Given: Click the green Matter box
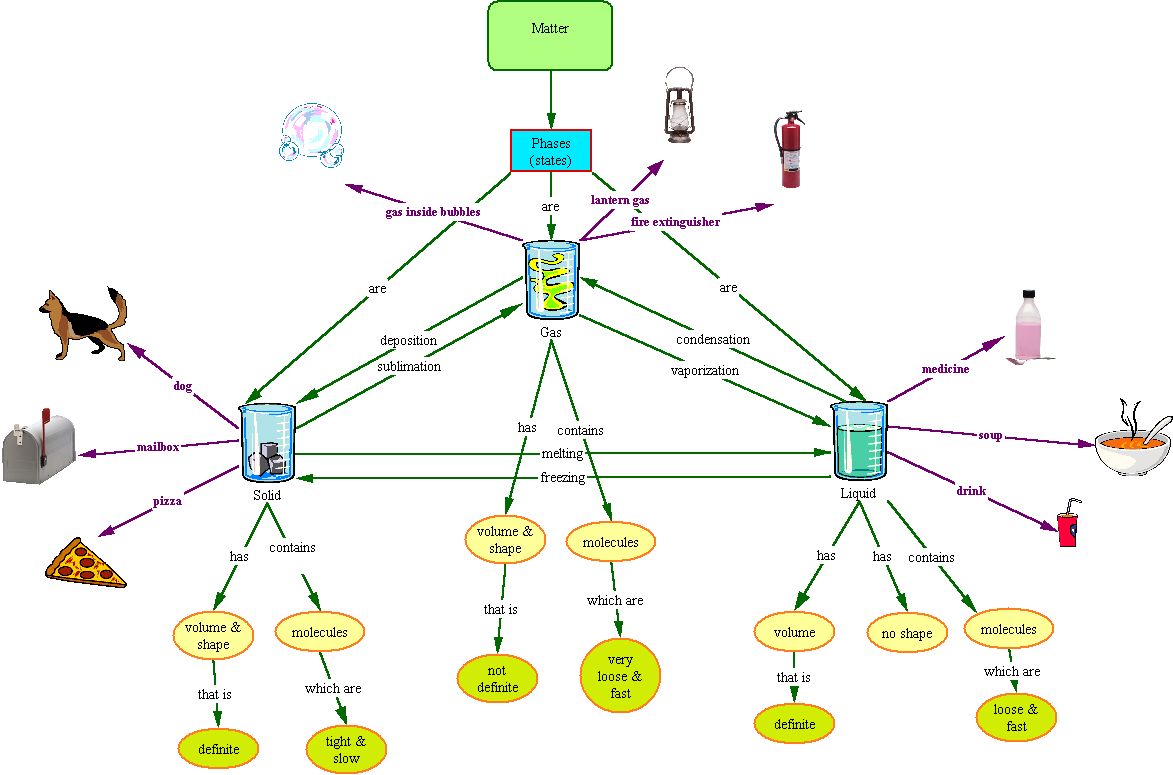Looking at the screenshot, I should [x=550, y=35].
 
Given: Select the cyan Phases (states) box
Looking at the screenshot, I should [x=551, y=151].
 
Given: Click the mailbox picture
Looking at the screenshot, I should [x=39, y=447].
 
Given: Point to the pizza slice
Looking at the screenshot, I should [x=85, y=563].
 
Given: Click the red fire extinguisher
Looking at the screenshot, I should [x=790, y=149].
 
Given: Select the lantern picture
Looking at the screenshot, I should [x=679, y=105].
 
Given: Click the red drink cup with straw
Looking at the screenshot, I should [x=1069, y=523].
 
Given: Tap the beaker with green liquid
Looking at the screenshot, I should [x=860, y=441].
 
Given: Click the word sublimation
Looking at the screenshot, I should [x=408, y=366].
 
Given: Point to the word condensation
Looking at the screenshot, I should [x=712, y=339].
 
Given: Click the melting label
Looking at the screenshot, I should [x=563, y=454].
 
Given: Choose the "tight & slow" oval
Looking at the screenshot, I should [x=346, y=749].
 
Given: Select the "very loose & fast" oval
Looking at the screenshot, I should [x=620, y=676].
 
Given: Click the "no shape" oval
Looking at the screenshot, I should [x=907, y=633].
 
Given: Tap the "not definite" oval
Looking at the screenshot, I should [x=497, y=677].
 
